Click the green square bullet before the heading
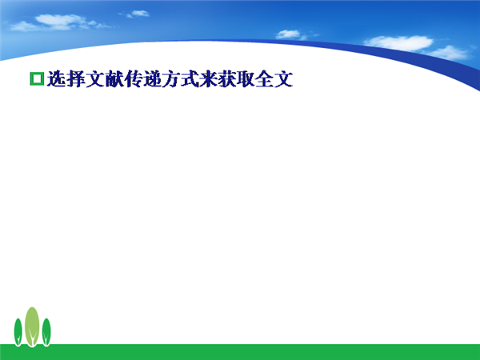[37, 78]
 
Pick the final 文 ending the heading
[284, 79]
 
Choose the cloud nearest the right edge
[449, 53]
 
